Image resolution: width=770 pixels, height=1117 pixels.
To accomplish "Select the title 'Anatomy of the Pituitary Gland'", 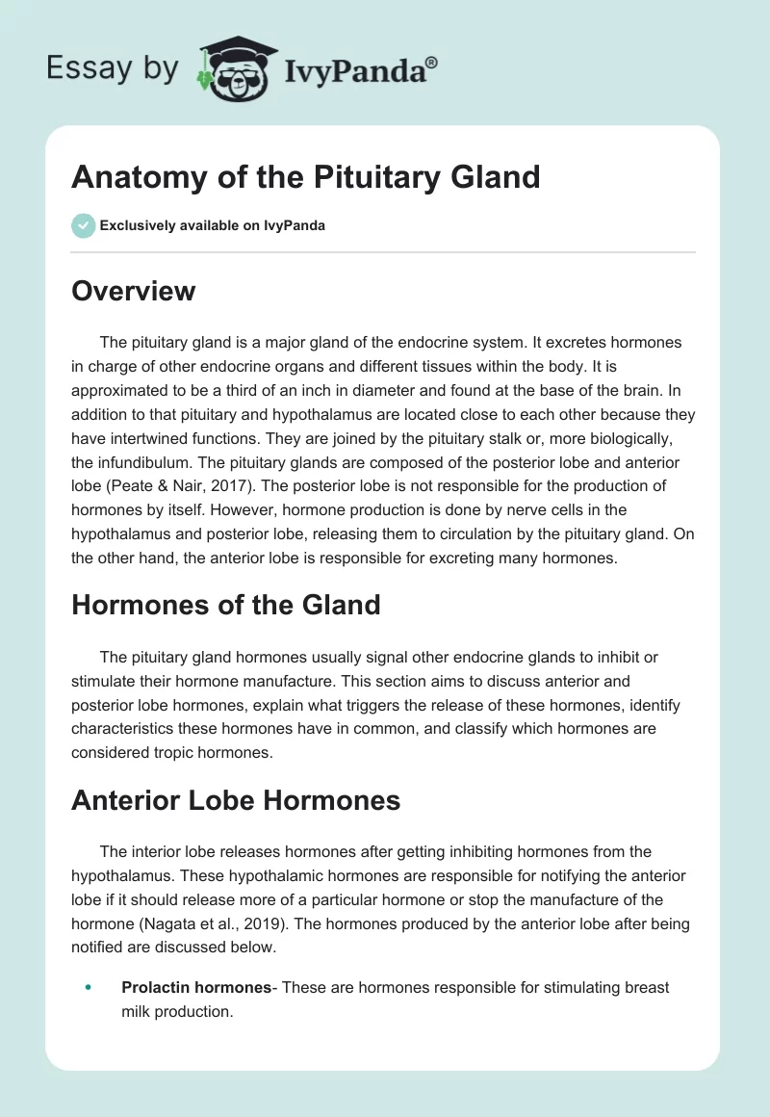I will tap(306, 177).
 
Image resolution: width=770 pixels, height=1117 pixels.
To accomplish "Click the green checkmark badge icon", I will tap(83, 225).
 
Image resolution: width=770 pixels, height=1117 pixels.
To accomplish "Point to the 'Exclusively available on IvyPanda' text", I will tap(212, 226).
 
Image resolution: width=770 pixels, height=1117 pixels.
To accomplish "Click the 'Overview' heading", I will tap(133, 291).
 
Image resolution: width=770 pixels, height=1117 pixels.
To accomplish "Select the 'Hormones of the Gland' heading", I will tap(226, 605).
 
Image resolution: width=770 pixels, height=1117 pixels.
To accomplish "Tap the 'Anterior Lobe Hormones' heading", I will tap(236, 800).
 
